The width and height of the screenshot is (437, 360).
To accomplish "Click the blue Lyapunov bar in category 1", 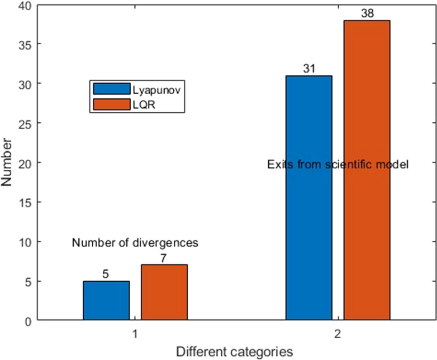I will (x=106, y=301).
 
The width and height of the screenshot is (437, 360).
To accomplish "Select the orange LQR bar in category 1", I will (x=164, y=293).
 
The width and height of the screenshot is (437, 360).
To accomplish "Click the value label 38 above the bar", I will (x=367, y=14).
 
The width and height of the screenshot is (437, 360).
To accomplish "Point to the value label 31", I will (x=309, y=69).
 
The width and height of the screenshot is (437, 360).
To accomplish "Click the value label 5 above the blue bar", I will (x=106, y=274).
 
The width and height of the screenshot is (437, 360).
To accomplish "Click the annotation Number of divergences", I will (x=135, y=243).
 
